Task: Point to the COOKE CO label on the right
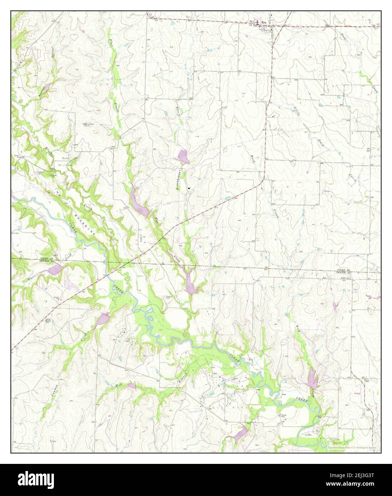[345, 270]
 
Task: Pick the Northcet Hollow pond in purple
[47, 87]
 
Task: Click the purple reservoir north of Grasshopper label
[183, 156]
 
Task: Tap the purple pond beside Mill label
[132, 386]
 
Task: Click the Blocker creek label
[50, 152]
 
